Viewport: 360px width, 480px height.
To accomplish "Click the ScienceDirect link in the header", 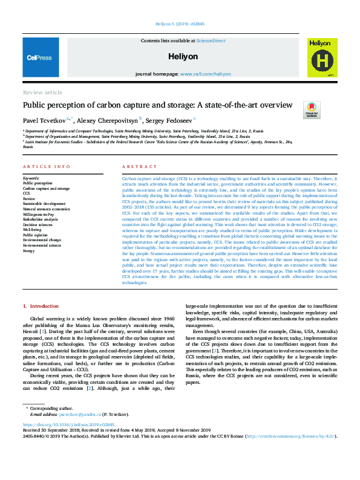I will coord(209,41).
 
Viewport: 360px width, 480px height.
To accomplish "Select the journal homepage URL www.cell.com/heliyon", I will coord(205,74).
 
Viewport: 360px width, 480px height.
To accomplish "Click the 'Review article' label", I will coord(42,92).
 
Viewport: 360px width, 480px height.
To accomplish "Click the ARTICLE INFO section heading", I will coord(42,166).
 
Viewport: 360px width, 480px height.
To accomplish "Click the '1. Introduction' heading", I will coord(41,308).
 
